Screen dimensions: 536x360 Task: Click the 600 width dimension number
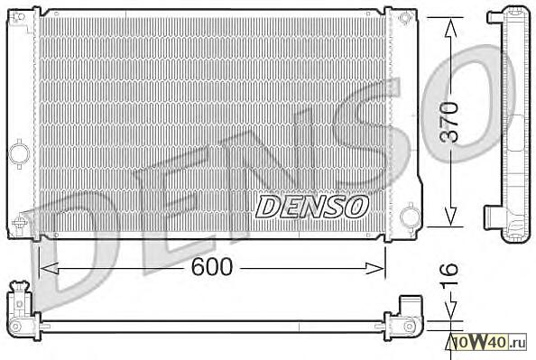(x=212, y=266)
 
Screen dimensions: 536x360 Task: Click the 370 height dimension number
(x=448, y=122)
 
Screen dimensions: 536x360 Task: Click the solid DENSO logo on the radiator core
(x=312, y=207)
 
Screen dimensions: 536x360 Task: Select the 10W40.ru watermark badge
(x=488, y=342)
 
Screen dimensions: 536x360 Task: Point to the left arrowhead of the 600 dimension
(x=49, y=269)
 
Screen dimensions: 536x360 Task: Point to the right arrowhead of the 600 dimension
(x=375, y=269)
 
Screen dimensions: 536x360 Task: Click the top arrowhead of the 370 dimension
(x=451, y=28)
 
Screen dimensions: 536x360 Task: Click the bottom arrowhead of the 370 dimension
(x=451, y=217)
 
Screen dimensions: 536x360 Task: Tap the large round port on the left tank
(x=19, y=154)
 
